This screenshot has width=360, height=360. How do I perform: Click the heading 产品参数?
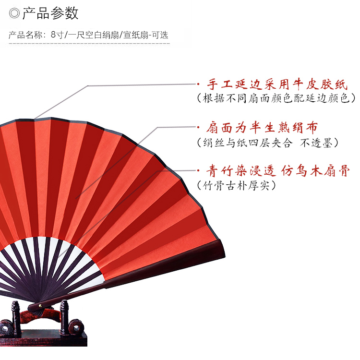50,13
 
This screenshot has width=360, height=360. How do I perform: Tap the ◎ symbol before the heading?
14,13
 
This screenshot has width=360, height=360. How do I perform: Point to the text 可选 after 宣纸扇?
160,35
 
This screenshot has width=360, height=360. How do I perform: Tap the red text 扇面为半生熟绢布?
262,128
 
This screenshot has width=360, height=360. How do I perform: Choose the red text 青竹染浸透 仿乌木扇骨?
277,170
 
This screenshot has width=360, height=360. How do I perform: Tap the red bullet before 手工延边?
199,85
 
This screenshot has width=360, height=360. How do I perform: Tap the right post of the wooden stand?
63,317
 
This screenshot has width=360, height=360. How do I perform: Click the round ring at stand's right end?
75,330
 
